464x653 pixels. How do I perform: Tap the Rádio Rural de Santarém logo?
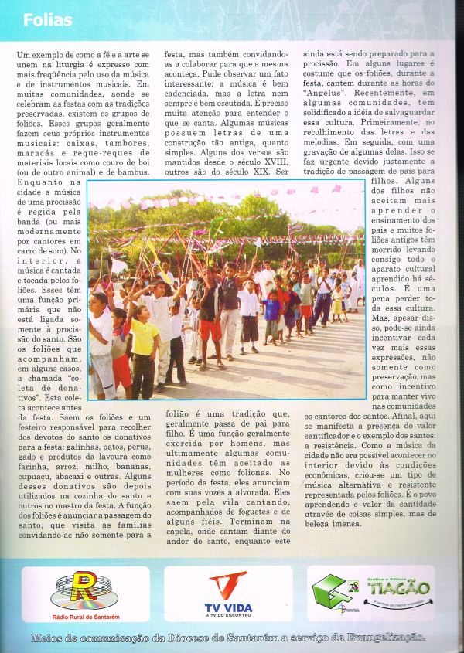(x=85, y=594)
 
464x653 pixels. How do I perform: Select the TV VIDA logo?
(x=228, y=593)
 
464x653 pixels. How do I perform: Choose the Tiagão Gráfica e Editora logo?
(x=370, y=593)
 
